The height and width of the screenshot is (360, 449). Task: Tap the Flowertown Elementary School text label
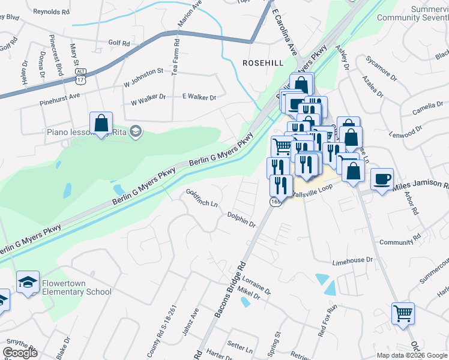(76, 287)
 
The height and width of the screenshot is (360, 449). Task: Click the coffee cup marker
(382, 179)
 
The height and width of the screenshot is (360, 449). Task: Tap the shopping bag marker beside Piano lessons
(101, 123)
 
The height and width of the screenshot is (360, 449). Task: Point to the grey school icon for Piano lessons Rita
(136, 131)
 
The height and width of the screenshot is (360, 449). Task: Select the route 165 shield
(275, 202)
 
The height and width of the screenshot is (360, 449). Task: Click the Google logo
(20, 353)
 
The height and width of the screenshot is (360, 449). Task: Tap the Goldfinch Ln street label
(201, 199)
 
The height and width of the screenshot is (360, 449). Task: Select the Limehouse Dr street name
(353, 262)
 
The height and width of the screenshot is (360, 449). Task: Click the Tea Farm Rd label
(176, 57)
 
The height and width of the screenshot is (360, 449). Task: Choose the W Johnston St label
(143, 73)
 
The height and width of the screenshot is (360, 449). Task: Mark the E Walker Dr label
(199, 97)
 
